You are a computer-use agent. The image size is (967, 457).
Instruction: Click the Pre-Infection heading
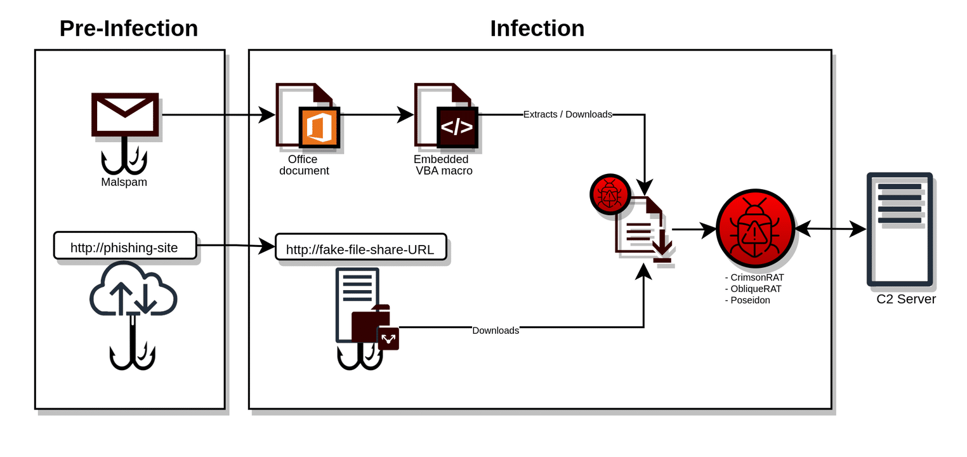pos(129,29)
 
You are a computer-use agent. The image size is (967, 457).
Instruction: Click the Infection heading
pos(537,29)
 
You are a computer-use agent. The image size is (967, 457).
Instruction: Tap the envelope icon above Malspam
pos(125,114)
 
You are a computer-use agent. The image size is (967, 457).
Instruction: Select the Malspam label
pos(124,182)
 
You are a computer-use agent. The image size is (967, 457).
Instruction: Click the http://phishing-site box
pos(124,246)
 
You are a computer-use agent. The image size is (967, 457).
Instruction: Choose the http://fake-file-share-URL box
pos(360,248)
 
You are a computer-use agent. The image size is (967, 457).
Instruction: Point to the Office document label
pos(303,165)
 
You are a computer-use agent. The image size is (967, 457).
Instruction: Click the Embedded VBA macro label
pos(442,165)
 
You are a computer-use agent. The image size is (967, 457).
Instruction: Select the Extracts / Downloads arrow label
pos(567,115)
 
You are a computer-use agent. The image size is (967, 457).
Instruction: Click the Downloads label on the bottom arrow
pos(496,331)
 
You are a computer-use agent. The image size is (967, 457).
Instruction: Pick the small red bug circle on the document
pos(610,194)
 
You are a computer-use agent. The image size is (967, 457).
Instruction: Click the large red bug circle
pos(755,228)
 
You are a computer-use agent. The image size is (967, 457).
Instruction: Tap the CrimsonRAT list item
pos(756,277)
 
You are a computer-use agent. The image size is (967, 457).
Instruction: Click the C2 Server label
pos(905,300)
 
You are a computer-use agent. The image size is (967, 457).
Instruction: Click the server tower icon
pos(899,229)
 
